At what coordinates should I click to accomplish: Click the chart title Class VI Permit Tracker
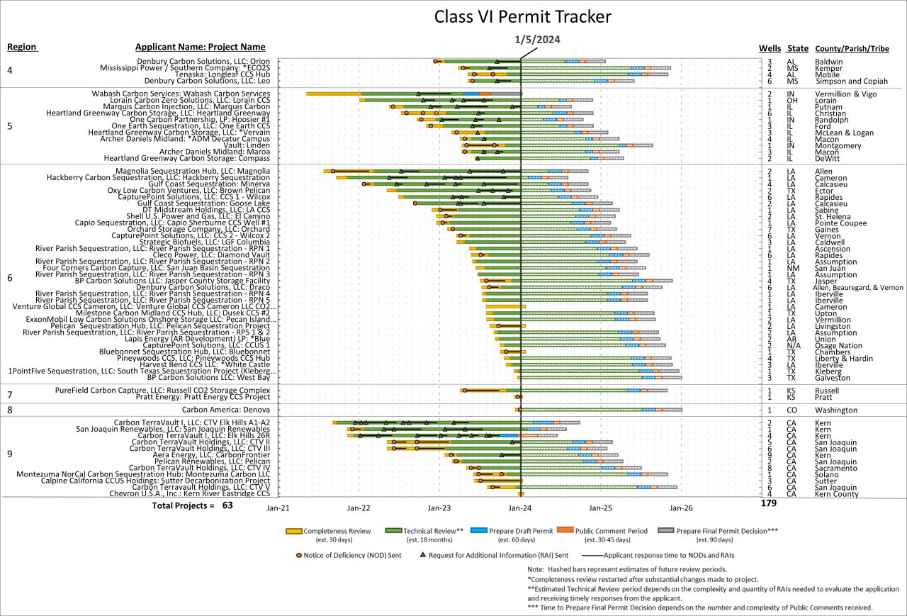(522, 16)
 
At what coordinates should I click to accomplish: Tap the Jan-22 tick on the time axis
(359, 508)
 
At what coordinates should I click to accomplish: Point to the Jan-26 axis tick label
(681, 508)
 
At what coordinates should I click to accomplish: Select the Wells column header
(770, 48)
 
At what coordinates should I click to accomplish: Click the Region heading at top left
(22, 47)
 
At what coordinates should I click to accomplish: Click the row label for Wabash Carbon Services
(181, 94)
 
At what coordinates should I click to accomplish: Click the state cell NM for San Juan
(793, 268)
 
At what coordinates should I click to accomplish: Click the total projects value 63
(227, 505)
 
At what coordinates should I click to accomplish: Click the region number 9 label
(10, 454)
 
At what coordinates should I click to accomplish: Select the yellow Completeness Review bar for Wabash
(334, 94)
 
